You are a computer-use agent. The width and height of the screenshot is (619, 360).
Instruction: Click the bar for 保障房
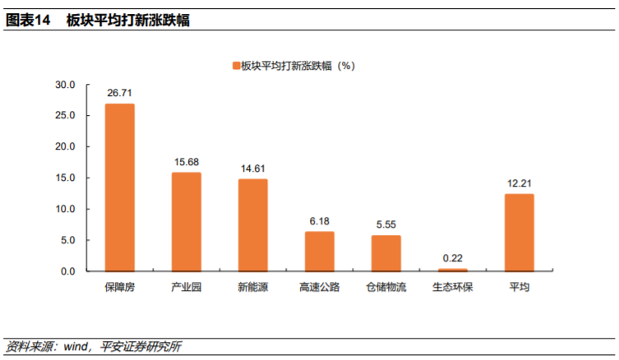(119, 187)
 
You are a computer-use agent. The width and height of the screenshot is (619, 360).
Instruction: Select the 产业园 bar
(186, 222)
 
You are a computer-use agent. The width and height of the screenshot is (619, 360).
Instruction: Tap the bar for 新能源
(252, 225)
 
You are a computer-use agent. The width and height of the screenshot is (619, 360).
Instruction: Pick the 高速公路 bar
(319, 252)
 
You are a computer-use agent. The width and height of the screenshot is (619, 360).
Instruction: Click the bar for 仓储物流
(386, 253)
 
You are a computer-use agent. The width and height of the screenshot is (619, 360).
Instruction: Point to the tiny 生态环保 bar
(452, 270)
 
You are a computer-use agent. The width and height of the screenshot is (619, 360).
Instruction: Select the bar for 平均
(519, 233)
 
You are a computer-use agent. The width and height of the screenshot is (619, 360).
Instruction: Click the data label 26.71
(119, 94)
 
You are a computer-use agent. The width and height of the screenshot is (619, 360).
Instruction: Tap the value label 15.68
(186, 162)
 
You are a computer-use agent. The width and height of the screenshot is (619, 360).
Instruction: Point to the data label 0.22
(452, 258)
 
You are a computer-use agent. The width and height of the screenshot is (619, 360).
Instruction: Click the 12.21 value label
(519, 183)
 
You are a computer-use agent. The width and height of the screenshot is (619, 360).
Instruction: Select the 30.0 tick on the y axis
(66, 85)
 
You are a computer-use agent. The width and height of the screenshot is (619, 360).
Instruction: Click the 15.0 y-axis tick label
(66, 178)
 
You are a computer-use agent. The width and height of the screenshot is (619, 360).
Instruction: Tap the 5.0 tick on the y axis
(68, 240)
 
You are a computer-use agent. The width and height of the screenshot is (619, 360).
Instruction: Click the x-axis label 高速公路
(319, 288)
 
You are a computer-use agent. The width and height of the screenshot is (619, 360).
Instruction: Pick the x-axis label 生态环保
(452, 288)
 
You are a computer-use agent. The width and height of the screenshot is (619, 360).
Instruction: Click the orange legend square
(235, 64)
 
